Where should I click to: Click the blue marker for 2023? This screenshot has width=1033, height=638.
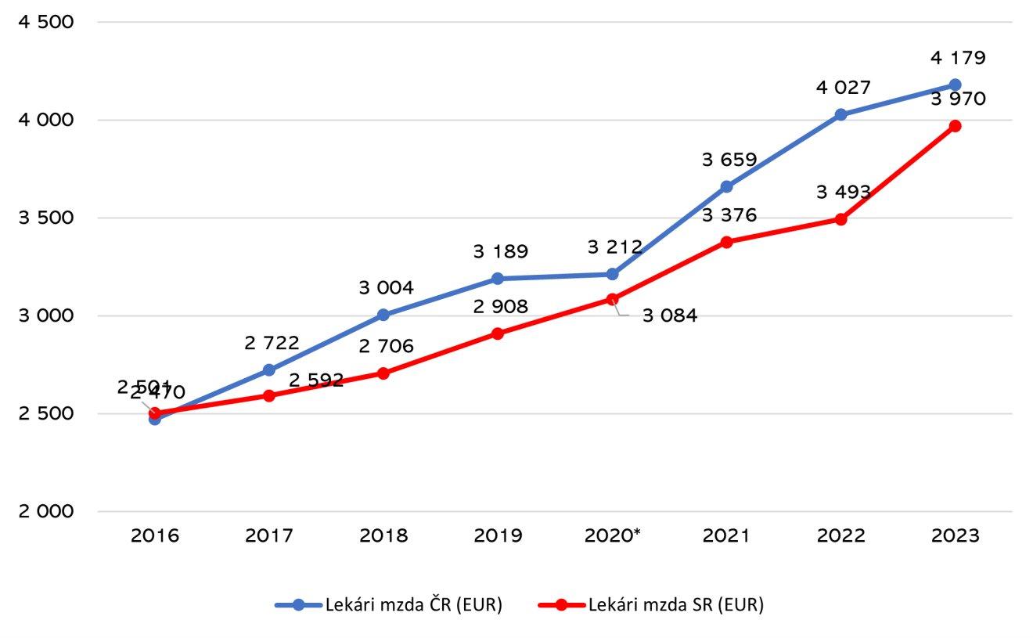(955, 85)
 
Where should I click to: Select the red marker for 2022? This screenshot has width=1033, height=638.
(840, 219)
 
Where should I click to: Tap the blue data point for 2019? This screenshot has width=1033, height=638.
(498, 279)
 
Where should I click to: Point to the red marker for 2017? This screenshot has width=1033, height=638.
(269, 395)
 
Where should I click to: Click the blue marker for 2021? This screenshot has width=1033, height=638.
(726, 186)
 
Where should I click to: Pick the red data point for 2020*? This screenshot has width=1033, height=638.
(612, 299)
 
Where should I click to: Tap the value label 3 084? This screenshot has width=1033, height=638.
(669, 316)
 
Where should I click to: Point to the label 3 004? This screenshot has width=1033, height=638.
(386, 288)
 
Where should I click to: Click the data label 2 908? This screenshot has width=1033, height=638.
(500, 306)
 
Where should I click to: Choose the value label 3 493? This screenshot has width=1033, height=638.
(843, 192)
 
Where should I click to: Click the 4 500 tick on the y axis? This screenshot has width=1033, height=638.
(45, 22)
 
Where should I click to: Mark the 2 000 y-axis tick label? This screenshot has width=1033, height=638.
(45, 511)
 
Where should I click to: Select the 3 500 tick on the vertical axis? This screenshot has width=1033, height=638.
(45, 218)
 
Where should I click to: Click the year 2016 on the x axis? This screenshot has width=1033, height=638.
(155, 536)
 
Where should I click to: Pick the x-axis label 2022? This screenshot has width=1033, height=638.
(841, 536)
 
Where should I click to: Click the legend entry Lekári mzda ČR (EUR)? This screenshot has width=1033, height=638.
(412, 605)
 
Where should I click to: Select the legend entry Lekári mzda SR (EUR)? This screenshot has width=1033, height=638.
(675, 605)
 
